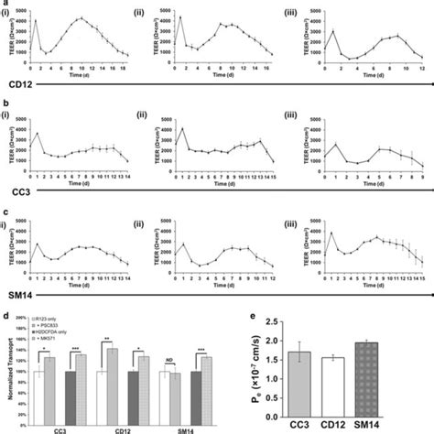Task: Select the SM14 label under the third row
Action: pyautogui.click(x=16, y=298)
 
